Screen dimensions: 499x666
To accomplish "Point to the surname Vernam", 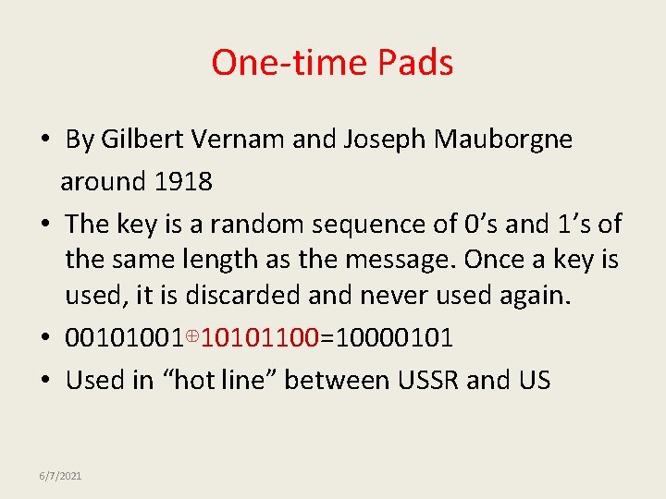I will coord(235,140).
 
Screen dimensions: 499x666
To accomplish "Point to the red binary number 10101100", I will coord(260,337).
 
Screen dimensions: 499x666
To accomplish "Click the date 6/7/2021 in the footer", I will coord(60,475).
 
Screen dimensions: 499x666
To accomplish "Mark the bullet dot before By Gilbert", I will coord(44,140).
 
